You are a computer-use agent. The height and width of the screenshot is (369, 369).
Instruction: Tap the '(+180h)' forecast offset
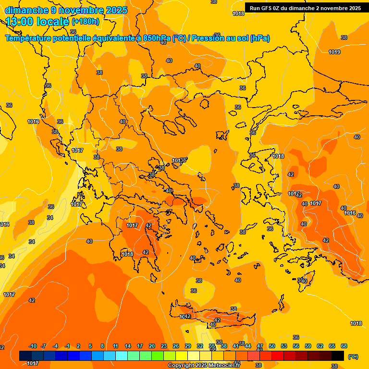(86, 21)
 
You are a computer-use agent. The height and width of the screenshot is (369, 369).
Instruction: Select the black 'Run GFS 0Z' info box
(305, 8)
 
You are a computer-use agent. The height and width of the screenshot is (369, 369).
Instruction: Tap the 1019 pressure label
(334, 52)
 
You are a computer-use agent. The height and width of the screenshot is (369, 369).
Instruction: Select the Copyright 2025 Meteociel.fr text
(204, 365)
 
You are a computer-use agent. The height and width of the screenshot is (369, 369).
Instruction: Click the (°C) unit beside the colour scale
(353, 357)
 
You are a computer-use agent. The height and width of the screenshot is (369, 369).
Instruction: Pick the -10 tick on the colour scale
(33, 346)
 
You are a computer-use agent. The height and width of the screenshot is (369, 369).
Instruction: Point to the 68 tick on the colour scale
(344, 346)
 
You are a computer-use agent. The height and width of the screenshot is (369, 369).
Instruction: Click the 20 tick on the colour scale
(152, 346)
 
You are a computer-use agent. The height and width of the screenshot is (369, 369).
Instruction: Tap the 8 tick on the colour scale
(102, 346)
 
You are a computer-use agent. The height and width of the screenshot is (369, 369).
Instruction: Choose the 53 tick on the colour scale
(284, 346)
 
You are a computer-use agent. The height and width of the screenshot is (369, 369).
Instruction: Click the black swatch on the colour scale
(338, 356)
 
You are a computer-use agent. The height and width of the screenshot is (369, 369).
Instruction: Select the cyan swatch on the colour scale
(122, 356)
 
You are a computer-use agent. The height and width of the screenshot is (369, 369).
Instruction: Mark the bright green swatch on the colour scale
(158, 356)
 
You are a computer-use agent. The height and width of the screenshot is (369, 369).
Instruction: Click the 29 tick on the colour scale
(188, 346)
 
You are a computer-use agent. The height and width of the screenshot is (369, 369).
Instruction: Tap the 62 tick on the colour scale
(320, 346)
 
